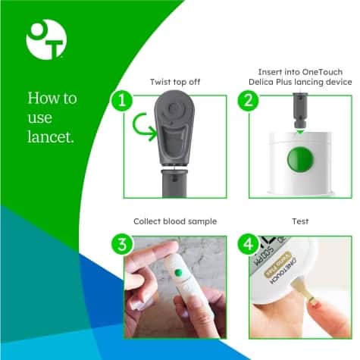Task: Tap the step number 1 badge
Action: [121, 100]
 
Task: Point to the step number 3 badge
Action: [121, 244]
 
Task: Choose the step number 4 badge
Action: [248, 244]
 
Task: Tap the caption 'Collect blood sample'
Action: [174, 221]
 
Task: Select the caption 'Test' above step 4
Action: [302, 221]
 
